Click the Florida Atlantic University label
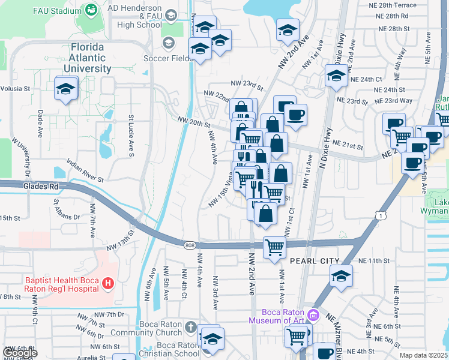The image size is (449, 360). coord(87,58)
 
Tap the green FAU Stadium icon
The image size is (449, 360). coord(91,10)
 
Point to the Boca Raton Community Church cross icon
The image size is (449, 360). coord(190,328)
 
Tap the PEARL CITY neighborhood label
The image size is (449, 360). coord(315,261)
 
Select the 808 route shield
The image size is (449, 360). coord(190,244)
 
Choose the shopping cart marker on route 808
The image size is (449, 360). coord(274,247)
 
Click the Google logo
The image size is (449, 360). coord(19,353)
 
